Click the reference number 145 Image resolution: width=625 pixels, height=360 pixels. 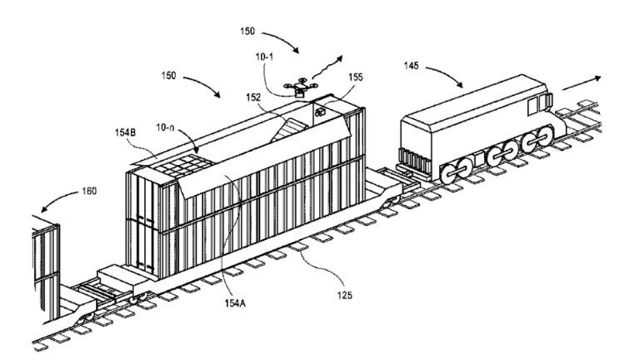(x=411, y=65)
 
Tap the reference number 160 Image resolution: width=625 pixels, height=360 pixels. (x=89, y=191)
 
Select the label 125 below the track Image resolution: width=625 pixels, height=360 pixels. (x=344, y=295)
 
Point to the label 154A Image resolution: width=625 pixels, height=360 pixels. (x=235, y=303)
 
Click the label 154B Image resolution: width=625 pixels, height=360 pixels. (x=125, y=132)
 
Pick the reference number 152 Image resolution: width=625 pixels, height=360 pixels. (x=253, y=97)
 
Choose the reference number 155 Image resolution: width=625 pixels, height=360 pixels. (x=356, y=77)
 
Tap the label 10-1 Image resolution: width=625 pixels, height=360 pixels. (x=264, y=57)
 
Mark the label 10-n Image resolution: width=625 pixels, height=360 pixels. (x=165, y=127)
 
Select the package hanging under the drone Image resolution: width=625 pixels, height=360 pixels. (x=300, y=93)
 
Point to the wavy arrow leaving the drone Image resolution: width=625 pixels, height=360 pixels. (x=327, y=67)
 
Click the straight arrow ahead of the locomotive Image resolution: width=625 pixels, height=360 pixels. (x=582, y=83)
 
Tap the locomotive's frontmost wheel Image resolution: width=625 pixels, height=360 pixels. (x=545, y=136)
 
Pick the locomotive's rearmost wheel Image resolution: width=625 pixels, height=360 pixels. (x=448, y=174)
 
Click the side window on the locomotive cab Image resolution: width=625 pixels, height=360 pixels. (x=533, y=106)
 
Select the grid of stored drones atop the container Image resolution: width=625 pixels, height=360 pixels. (x=183, y=165)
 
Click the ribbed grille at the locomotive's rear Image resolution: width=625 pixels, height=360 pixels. (x=414, y=160)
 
